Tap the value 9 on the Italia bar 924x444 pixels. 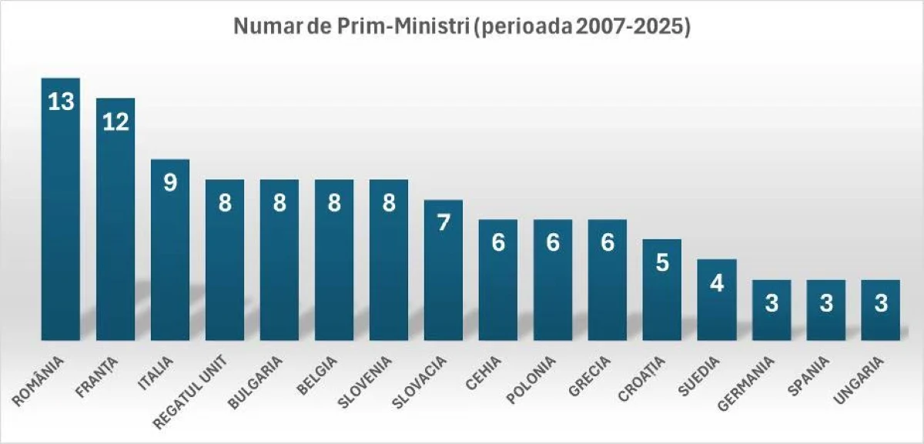click(170, 182)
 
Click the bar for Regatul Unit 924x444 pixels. click(225, 262)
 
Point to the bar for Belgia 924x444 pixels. click(334, 262)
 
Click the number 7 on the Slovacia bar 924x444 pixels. click(444, 223)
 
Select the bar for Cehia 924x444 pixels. click(498, 281)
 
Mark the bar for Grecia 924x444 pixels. click(608, 281)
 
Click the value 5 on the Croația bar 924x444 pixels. click(662, 262)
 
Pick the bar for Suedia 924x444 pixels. click(717, 300)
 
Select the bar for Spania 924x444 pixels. click(826, 312)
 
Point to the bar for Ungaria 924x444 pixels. click(881, 312)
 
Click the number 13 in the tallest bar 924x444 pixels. click(60, 102)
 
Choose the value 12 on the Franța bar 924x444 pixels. click(115, 122)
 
